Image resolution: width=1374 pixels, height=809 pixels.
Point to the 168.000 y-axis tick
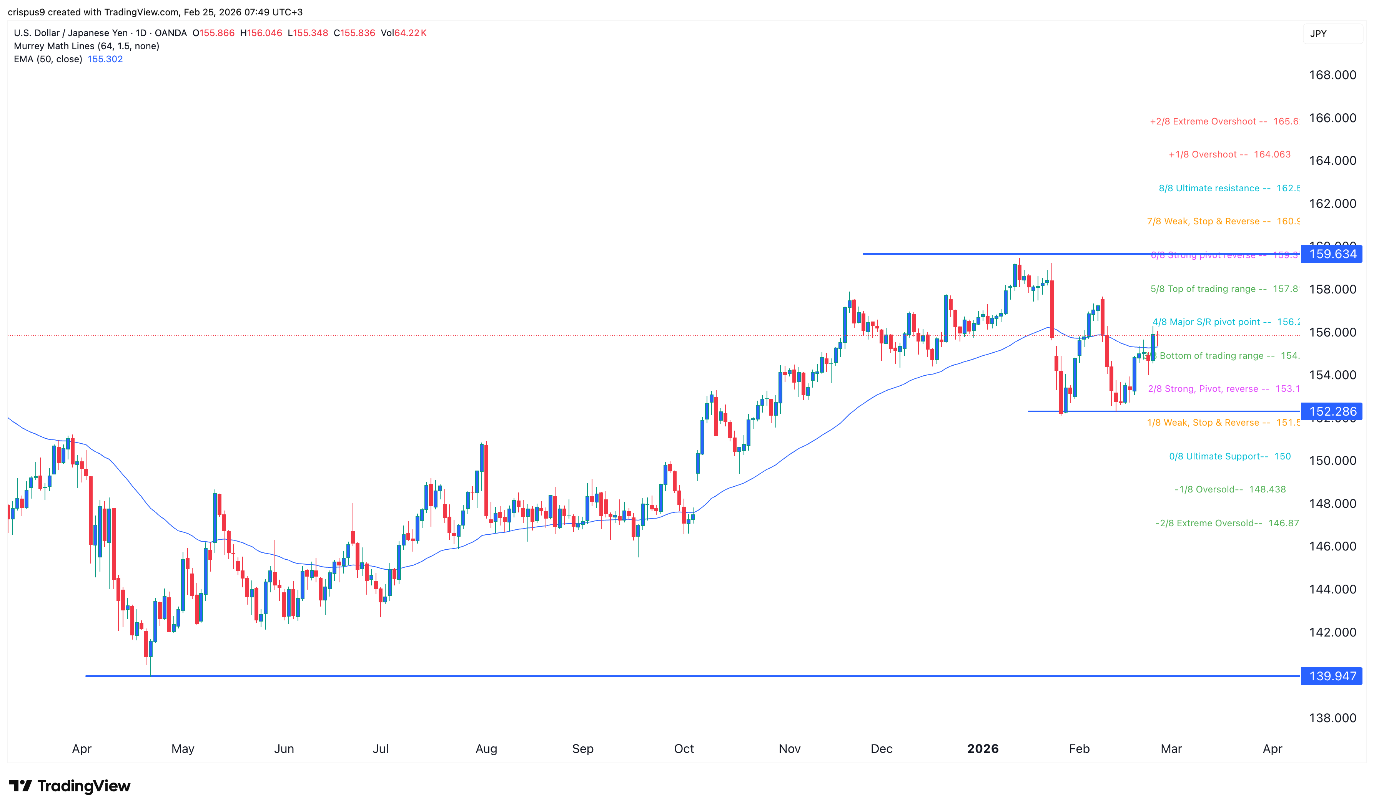(1332, 75)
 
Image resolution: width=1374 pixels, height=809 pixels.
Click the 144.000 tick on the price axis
(1332, 589)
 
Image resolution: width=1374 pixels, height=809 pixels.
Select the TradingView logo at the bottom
(70, 786)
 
